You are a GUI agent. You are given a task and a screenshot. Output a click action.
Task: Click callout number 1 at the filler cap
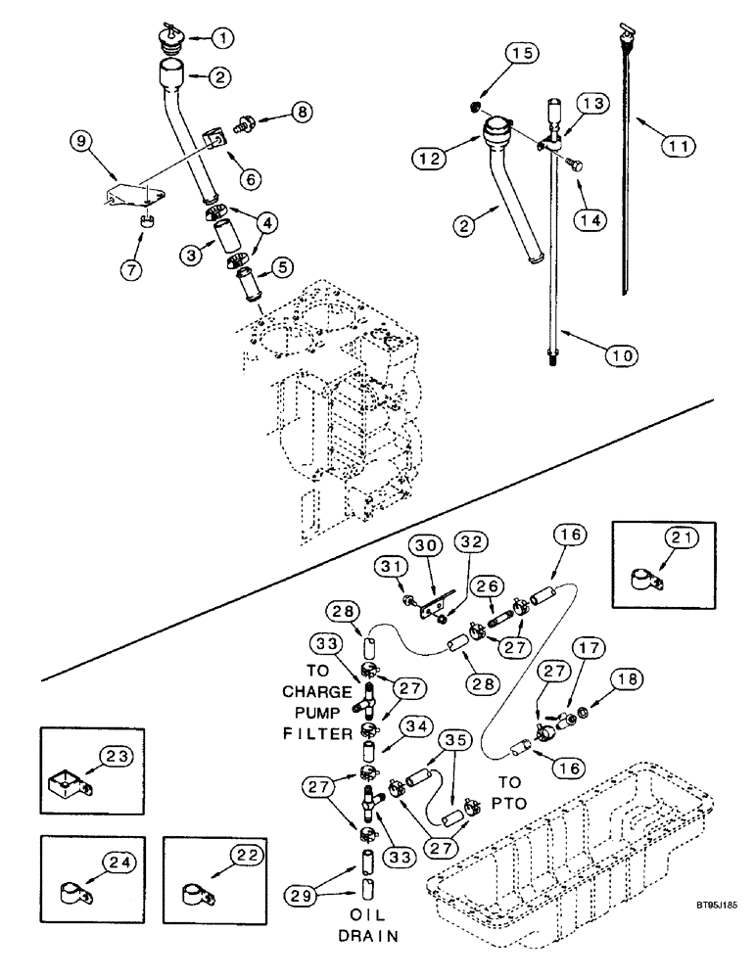click(224, 38)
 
